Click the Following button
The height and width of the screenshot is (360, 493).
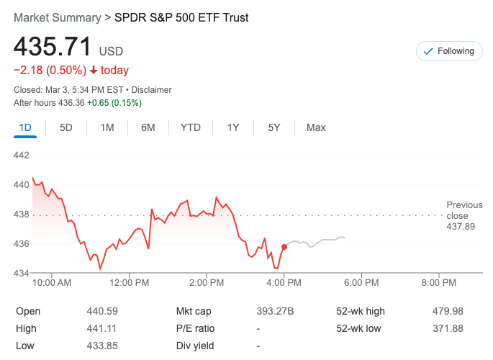(449, 51)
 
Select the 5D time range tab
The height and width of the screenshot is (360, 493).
(66, 127)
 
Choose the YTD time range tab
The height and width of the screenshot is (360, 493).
(190, 127)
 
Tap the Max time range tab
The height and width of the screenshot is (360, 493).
(316, 127)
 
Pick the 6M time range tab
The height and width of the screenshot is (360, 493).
(148, 127)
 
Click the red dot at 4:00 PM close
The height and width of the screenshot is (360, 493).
(284, 247)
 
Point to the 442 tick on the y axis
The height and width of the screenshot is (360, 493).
(21, 155)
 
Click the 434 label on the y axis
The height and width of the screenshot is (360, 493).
(21, 273)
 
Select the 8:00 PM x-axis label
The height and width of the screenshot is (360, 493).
(438, 283)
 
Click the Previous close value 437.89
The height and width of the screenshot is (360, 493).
(461, 227)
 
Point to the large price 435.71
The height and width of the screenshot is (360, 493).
(53, 47)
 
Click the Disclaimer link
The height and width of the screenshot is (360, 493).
(151, 90)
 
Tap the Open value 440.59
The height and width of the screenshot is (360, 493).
(101, 311)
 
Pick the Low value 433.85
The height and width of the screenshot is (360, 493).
(101, 346)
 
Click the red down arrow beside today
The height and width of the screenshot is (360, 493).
(94, 71)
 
